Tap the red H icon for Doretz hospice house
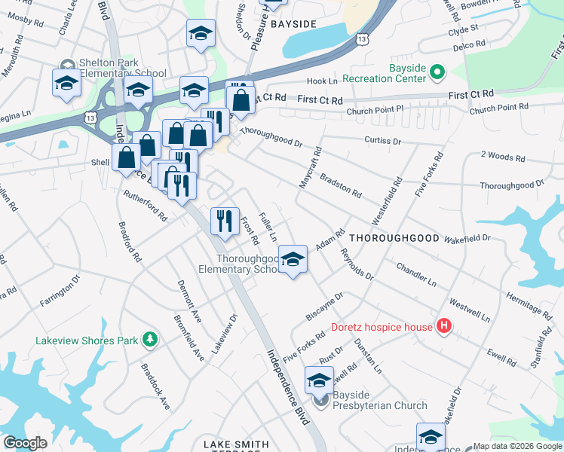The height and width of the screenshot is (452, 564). coord(444,326)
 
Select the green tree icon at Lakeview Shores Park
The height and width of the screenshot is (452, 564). coord(150,340)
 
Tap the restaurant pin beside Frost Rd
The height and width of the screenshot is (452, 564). coord(224,220)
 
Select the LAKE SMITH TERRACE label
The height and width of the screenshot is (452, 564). coord(235,445)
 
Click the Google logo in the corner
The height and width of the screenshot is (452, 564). coord(25,443)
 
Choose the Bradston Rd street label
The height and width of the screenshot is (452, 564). coord(341,185)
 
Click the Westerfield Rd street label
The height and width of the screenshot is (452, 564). coord(386,201)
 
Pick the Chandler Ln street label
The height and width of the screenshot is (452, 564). coord(415,274)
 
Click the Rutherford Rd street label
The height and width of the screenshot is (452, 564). coord(145,205)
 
